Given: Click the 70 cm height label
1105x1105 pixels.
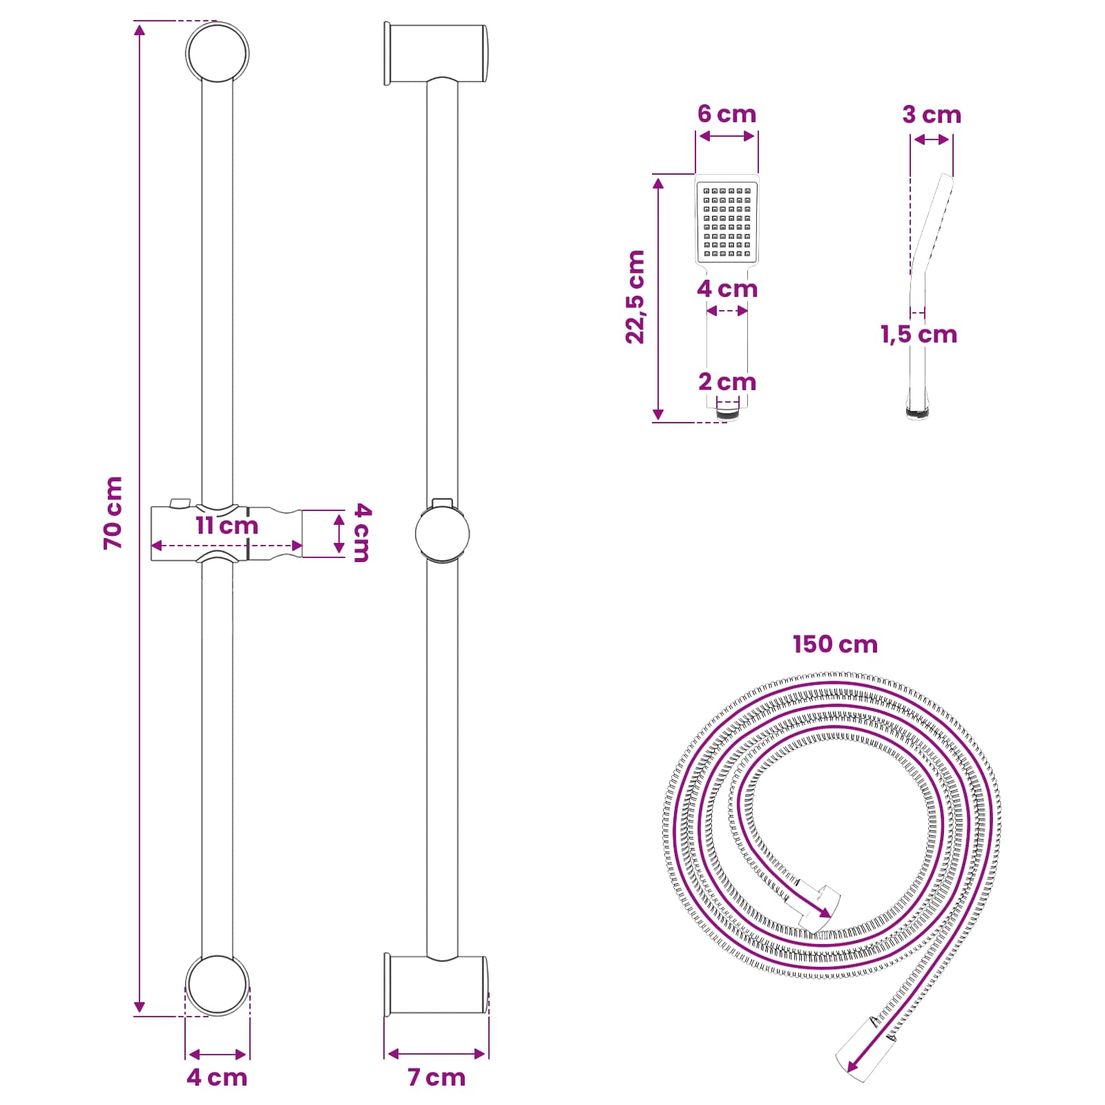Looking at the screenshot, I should [113, 513].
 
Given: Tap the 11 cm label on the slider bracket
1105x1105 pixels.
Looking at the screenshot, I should [227, 526].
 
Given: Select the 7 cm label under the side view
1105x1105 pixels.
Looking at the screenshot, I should [436, 1077].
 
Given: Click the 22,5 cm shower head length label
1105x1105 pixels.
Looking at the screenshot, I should [635, 297].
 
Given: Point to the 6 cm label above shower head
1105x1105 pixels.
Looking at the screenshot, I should [727, 114].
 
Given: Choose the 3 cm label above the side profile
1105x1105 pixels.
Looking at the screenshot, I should [932, 115].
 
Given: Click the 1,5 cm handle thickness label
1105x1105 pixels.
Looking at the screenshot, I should [919, 335].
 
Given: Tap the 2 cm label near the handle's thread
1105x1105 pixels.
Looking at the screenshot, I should [727, 382].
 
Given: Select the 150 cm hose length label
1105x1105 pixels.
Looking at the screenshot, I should [835, 644].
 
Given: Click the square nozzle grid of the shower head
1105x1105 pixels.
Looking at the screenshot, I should [727, 222].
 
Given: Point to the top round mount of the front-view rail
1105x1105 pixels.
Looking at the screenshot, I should [217, 53].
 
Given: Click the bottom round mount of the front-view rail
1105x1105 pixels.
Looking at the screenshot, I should [217, 986].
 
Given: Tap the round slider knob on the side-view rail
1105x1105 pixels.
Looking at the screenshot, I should [442, 534].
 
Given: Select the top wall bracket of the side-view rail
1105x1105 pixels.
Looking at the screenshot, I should [435, 54].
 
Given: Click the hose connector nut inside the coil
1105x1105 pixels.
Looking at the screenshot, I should [820, 905].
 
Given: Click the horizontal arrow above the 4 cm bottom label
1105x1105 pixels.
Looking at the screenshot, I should [217, 1054].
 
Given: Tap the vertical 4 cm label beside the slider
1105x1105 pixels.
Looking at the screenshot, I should [362, 532].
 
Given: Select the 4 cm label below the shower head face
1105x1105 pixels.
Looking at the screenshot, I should [727, 289].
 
